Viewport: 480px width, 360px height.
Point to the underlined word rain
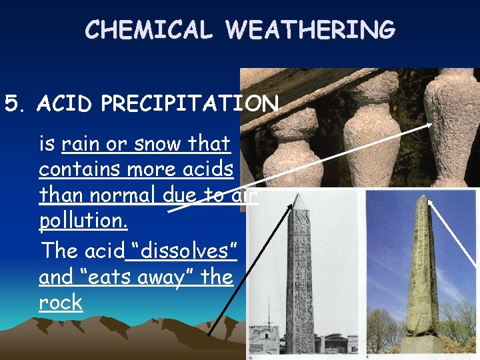click(x=85, y=143)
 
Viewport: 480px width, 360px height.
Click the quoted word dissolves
click(x=180, y=251)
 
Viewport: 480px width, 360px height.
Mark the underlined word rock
click(x=61, y=303)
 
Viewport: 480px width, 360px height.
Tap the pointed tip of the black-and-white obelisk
click(x=299, y=198)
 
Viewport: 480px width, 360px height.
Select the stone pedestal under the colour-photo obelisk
click(x=422, y=344)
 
